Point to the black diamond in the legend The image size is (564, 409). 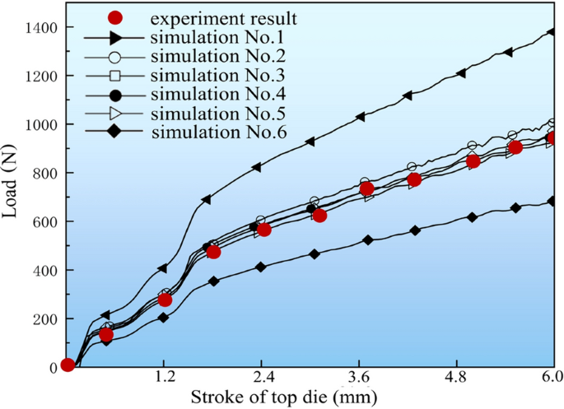tap(115, 129)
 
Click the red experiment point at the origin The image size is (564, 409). tap(68, 365)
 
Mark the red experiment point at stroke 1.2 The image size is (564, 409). tap(165, 300)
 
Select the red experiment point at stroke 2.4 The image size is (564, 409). tap(263, 230)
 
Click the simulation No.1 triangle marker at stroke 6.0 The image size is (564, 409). tap(553, 32)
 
